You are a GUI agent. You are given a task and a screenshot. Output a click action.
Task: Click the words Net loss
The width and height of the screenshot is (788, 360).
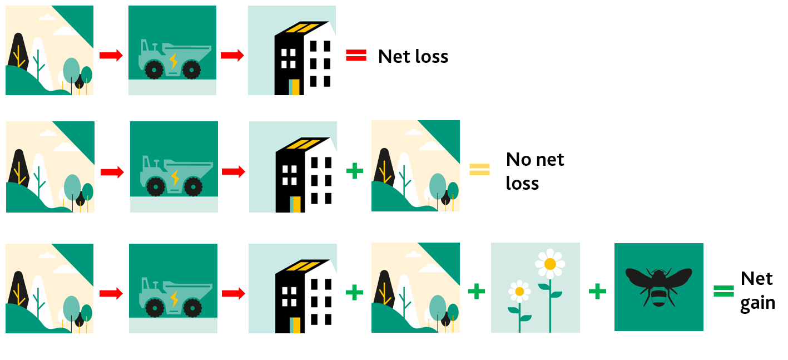click(x=413, y=56)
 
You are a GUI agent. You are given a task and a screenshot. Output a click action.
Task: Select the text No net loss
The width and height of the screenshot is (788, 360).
click(x=534, y=171)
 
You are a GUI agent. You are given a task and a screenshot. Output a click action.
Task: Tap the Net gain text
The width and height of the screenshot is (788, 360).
click(x=757, y=290)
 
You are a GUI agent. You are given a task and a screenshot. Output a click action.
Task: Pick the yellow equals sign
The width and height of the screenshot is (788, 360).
click(x=479, y=169)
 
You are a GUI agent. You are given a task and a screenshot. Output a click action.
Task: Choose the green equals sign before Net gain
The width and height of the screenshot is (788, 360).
click(x=724, y=290)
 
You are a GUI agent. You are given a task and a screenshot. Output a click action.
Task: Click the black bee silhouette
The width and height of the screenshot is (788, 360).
click(x=658, y=284)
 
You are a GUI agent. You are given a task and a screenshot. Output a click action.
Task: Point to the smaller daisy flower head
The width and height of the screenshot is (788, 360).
click(x=519, y=291)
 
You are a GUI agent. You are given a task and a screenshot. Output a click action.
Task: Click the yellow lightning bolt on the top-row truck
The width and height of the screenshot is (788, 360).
click(x=174, y=60)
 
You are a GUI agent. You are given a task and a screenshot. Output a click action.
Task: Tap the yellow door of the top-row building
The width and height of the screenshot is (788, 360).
click(x=295, y=87)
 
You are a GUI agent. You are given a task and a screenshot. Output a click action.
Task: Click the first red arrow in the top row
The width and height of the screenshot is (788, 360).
click(x=111, y=55)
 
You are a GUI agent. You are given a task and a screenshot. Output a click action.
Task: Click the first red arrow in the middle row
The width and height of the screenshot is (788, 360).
click(x=112, y=172)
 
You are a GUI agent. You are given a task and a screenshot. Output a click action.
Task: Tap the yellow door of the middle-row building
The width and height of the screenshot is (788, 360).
click(x=296, y=204)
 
